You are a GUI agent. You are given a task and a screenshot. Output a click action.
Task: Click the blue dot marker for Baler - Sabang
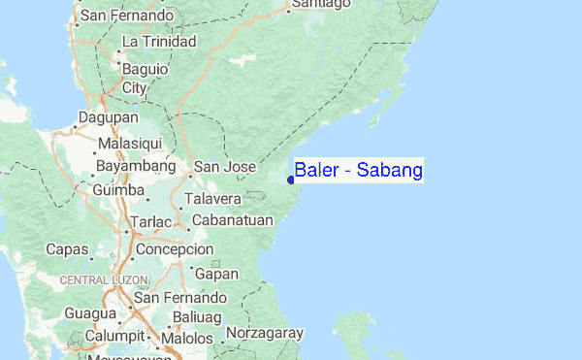point(291,180)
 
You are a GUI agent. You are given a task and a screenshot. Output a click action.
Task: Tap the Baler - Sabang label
point(358,172)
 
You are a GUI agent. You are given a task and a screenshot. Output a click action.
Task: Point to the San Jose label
point(225,167)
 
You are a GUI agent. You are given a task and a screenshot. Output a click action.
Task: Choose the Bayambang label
point(135,166)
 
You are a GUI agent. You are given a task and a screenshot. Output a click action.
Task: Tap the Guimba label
point(118,190)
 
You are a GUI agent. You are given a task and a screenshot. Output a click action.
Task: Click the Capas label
point(67,249)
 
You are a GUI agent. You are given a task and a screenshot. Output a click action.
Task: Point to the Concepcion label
point(175,249)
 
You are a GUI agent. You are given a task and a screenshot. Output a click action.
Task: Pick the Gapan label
point(217,275)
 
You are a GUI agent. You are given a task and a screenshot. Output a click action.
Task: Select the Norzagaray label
point(265,333)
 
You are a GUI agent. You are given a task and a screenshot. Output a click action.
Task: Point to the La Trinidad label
point(159,42)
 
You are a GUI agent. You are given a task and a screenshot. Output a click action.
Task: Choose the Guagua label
point(88,314)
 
